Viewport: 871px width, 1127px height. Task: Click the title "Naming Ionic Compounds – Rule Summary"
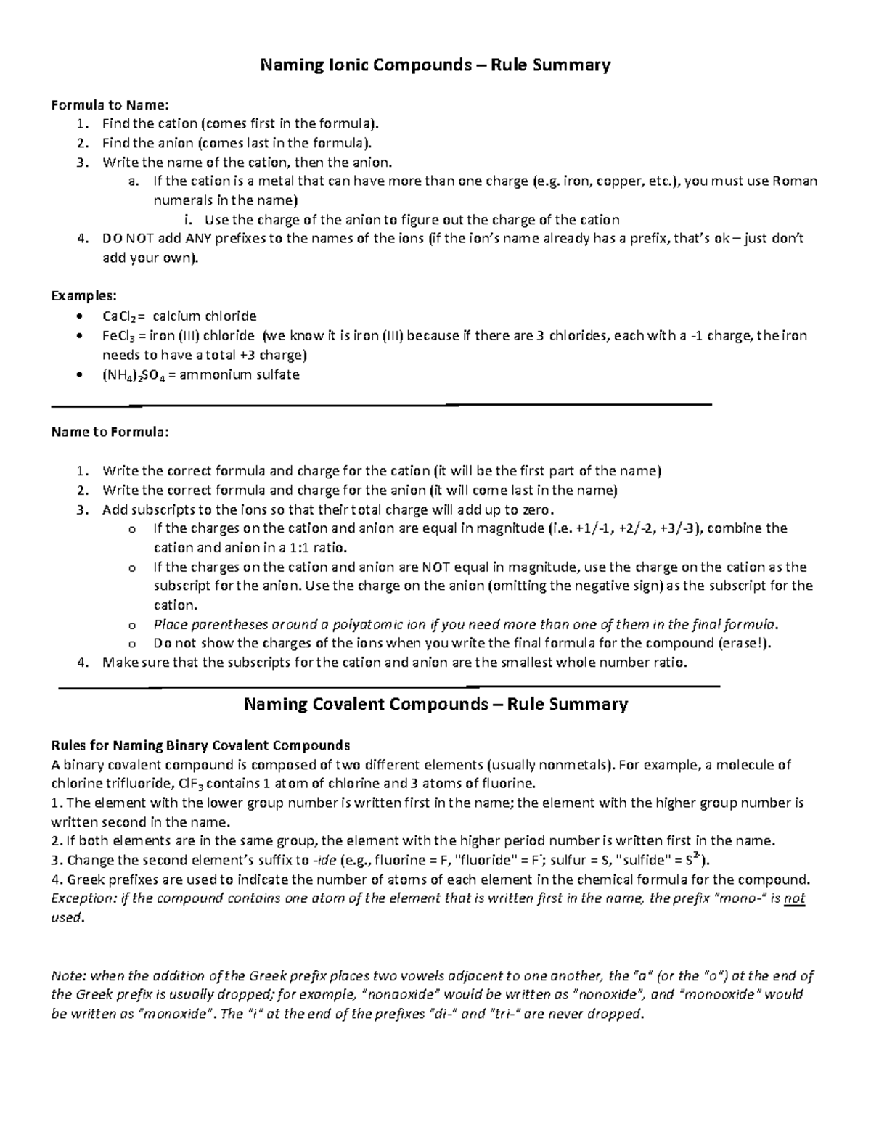(x=435, y=65)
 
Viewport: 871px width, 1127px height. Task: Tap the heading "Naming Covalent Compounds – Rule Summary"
(x=435, y=704)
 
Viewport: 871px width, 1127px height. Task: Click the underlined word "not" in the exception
(x=795, y=898)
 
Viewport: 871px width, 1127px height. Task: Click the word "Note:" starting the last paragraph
(x=67, y=976)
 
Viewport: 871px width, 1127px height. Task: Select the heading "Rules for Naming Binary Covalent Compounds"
(x=200, y=745)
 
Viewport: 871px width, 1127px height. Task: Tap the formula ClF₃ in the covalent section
(x=187, y=784)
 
